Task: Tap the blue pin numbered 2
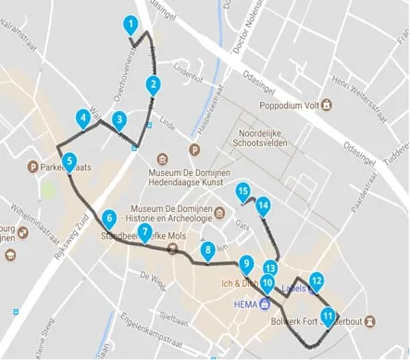(152, 86)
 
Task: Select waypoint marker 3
(118, 120)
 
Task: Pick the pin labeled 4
(84, 118)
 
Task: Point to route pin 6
(109, 219)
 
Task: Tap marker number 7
(144, 232)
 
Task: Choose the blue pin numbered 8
(207, 250)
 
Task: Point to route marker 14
(263, 206)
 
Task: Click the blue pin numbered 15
(243, 192)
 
